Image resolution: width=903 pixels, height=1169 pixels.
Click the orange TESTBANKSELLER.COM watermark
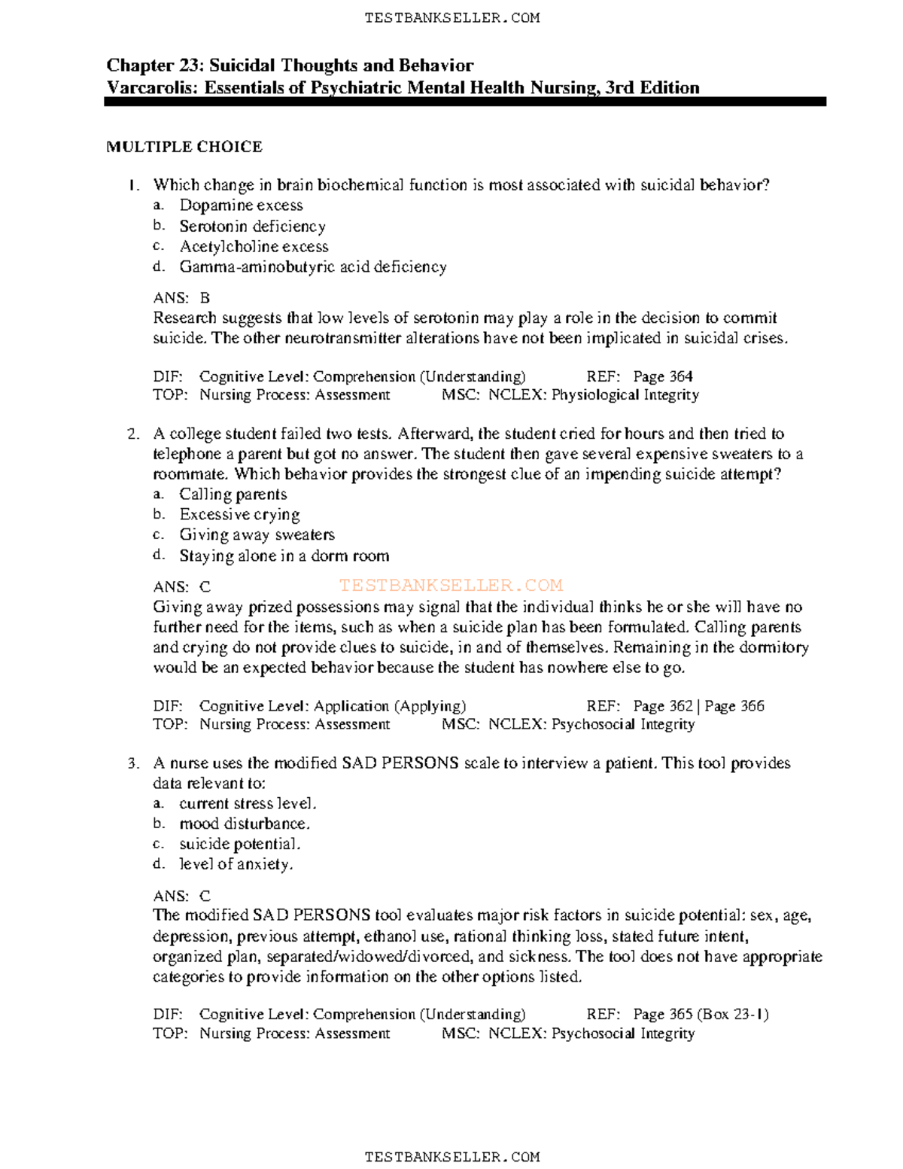point(451,586)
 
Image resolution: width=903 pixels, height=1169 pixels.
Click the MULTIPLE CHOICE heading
point(184,147)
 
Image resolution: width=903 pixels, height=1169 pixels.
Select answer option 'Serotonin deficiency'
point(252,226)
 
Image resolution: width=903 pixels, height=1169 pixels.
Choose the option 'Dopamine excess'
point(241,205)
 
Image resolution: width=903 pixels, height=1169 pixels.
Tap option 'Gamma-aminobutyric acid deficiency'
point(312,266)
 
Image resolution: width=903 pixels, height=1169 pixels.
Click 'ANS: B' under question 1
point(181,298)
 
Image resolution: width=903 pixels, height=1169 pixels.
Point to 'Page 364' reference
point(662,376)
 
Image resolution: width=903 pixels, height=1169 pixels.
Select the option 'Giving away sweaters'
point(257,535)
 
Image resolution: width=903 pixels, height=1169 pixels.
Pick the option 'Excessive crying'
point(239,515)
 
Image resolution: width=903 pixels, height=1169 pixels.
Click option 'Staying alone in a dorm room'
point(284,556)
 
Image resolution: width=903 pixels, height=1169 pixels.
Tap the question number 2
point(133,434)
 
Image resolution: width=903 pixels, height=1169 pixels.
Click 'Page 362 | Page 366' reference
point(698,706)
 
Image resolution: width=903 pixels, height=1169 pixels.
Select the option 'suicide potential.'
point(239,844)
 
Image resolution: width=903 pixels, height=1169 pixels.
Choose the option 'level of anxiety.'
point(236,864)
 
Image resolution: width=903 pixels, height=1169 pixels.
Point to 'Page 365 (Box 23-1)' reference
point(701,1014)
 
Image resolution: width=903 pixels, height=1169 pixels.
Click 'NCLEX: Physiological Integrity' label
point(594,394)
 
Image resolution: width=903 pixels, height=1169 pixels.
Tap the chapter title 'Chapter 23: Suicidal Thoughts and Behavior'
point(290,65)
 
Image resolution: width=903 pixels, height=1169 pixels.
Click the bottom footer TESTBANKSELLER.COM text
point(451,1156)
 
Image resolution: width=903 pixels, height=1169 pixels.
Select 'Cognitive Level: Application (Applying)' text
point(332,706)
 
